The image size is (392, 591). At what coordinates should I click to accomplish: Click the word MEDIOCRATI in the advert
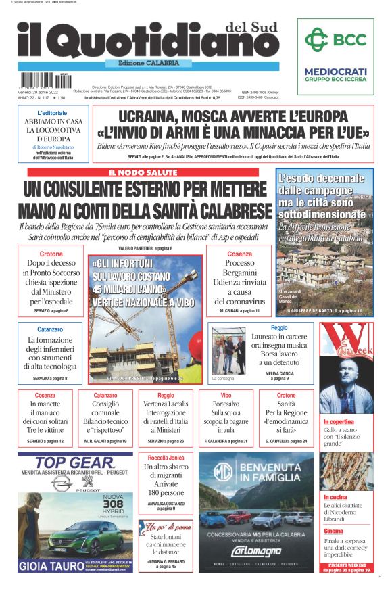pyautogui.click(x=335, y=71)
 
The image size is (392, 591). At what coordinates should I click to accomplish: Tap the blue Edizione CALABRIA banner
pyautogui.click(x=144, y=63)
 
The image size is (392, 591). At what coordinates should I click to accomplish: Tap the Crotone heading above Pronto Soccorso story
pyautogui.click(x=51, y=254)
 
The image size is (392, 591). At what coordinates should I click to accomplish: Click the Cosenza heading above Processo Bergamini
pyautogui.click(x=239, y=254)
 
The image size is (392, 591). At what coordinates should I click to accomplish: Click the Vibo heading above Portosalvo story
pyautogui.click(x=226, y=394)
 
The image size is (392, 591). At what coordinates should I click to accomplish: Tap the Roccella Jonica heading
pyautogui.click(x=166, y=458)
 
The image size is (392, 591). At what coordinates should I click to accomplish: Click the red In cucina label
pyautogui.click(x=335, y=497)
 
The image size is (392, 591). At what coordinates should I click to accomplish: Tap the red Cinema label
pyautogui.click(x=333, y=531)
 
